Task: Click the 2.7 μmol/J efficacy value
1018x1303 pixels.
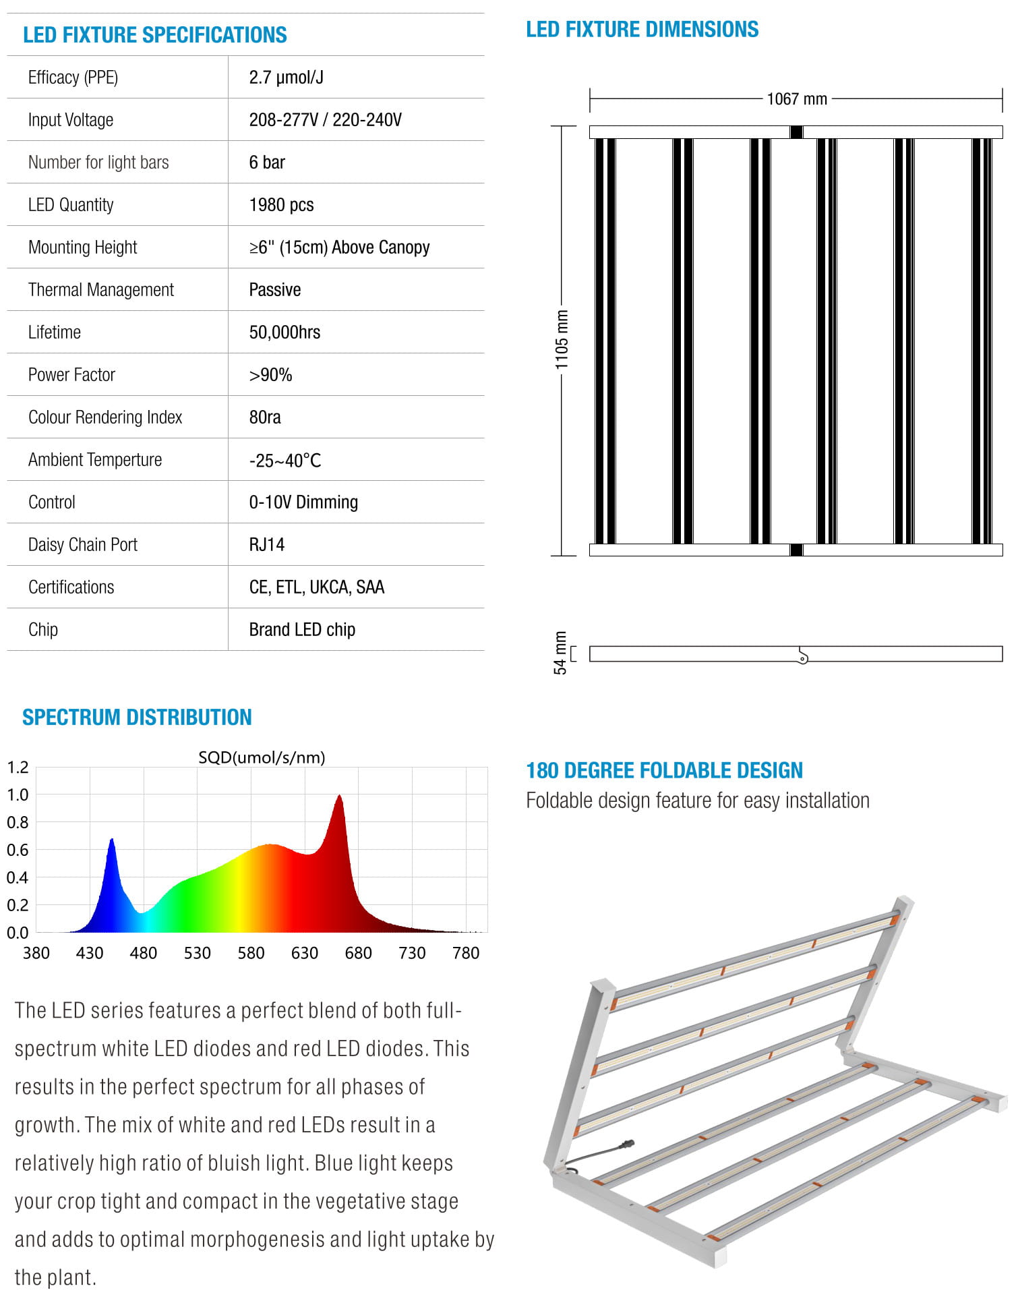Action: (286, 78)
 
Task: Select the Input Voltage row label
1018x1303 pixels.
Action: (70, 120)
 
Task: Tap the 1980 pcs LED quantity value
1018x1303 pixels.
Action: (281, 205)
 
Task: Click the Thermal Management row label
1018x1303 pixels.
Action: (100, 290)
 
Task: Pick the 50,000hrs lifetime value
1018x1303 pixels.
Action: (285, 332)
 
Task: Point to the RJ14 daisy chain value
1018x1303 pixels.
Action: (266, 545)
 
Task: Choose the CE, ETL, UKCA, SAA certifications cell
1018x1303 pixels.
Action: (316, 587)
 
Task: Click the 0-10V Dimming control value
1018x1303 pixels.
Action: (303, 502)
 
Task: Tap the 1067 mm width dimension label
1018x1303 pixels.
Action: (796, 99)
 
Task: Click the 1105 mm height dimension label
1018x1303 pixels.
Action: (562, 339)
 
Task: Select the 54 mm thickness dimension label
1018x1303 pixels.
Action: (560, 653)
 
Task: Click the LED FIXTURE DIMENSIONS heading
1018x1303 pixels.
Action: (642, 30)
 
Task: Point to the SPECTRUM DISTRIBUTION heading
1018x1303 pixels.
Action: (137, 717)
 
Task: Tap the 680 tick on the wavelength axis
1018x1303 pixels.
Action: (358, 953)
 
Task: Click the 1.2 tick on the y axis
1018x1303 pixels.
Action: (18, 768)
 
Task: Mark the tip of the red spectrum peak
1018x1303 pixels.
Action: (339, 796)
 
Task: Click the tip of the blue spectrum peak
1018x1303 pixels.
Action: (112, 840)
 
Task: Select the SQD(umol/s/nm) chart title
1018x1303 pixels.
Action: (262, 757)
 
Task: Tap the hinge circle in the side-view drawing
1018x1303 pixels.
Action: (802, 658)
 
